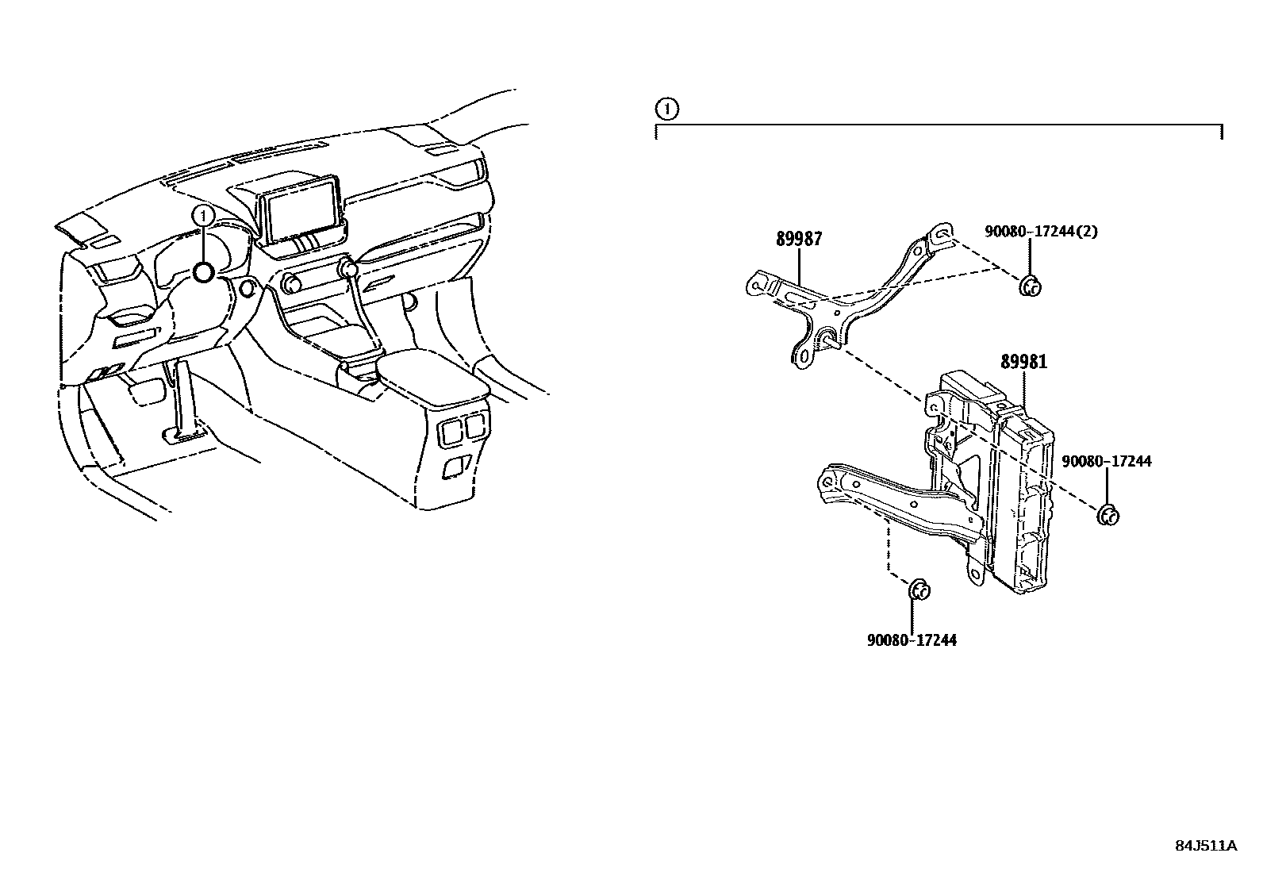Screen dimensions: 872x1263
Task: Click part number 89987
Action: click(x=798, y=239)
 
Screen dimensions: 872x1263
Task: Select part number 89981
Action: click(x=1023, y=362)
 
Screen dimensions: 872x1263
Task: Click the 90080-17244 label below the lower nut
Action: click(x=912, y=640)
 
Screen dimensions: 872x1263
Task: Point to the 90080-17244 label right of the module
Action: click(x=1106, y=461)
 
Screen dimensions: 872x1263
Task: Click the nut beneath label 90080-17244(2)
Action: click(x=1030, y=286)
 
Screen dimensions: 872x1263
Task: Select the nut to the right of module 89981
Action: click(x=1108, y=515)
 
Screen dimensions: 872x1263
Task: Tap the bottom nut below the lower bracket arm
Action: click(x=919, y=590)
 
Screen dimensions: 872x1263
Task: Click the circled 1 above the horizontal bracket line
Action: click(x=667, y=109)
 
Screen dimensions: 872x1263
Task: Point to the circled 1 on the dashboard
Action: click(x=204, y=214)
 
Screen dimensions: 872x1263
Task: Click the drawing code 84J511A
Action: click(x=1206, y=845)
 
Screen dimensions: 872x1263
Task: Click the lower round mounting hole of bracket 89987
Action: click(x=802, y=357)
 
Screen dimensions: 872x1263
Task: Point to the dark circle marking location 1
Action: click(x=204, y=273)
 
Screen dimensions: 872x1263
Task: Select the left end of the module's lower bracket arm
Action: click(x=827, y=482)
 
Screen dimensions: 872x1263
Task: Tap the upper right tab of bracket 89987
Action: click(x=941, y=233)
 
